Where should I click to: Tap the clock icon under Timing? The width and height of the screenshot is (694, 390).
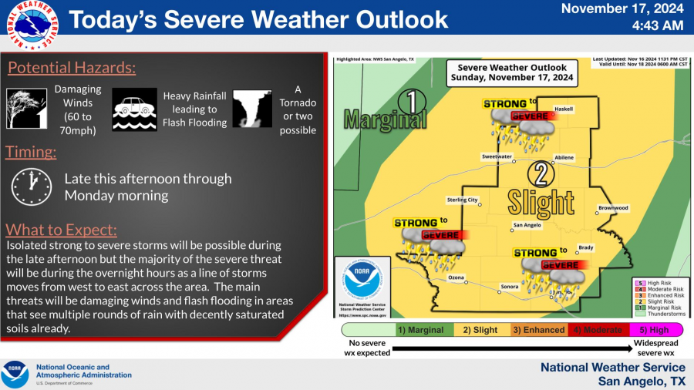click(31, 186)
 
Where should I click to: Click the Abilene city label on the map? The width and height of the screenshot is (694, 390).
click(564, 157)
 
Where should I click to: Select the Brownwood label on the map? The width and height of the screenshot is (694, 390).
click(613, 208)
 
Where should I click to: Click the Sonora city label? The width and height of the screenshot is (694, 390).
click(509, 286)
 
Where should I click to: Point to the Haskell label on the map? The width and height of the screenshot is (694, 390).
click(564, 109)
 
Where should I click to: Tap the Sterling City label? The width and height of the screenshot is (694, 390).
click(463, 200)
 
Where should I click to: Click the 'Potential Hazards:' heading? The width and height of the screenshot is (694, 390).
click(72, 68)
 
